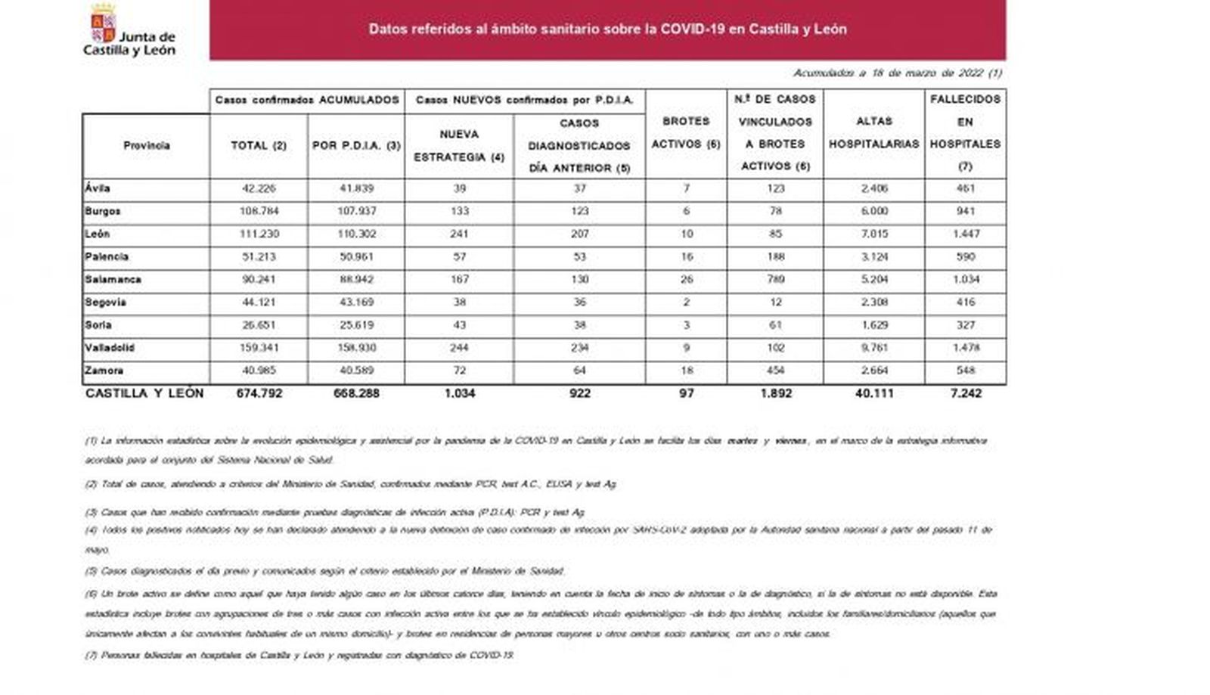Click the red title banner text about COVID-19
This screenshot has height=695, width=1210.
pyautogui.click(x=607, y=29)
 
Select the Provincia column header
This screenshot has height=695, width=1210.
pyautogui.click(x=146, y=145)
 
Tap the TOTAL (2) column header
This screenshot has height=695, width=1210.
pyautogui.click(x=259, y=145)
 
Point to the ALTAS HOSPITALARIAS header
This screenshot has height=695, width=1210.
pyautogui.click(x=873, y=132)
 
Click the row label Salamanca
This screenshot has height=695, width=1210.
pyautogui.click(x=113, y=279)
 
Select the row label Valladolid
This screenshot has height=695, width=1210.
pyautogui.click(x=110, y=348)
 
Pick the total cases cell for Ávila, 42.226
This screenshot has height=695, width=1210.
pyautogui.click(x=259, y=188)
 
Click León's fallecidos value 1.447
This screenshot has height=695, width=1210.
pyautogui.click(x=965, y=234)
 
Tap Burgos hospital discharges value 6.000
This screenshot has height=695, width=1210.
pyautogui.click(x=873, y=211)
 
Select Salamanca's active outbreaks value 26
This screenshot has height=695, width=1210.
pyautogui.click(x=686, y=279)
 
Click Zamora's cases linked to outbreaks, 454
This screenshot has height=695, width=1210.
pyautogui.click(x=775, y=371)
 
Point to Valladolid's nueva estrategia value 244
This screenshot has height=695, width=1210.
pyautogui.click(x=459, y=348)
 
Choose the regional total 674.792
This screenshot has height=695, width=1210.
pyautogui.click(x=259, y=393)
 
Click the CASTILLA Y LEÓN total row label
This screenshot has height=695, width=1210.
pyautogui.click(x=144, y=393)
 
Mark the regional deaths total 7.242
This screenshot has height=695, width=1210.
pyautogui.click(x=965, y=393)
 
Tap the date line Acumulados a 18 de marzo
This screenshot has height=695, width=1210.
pyautogui.click(x=897, y=73)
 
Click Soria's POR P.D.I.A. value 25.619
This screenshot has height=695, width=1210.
pyautogui.click(x=356, y=325)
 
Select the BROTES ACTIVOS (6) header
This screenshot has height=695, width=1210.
pyautogui.click(x=686, y=132)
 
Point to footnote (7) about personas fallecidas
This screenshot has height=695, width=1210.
pyautogui.click(x=299, y=656)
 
